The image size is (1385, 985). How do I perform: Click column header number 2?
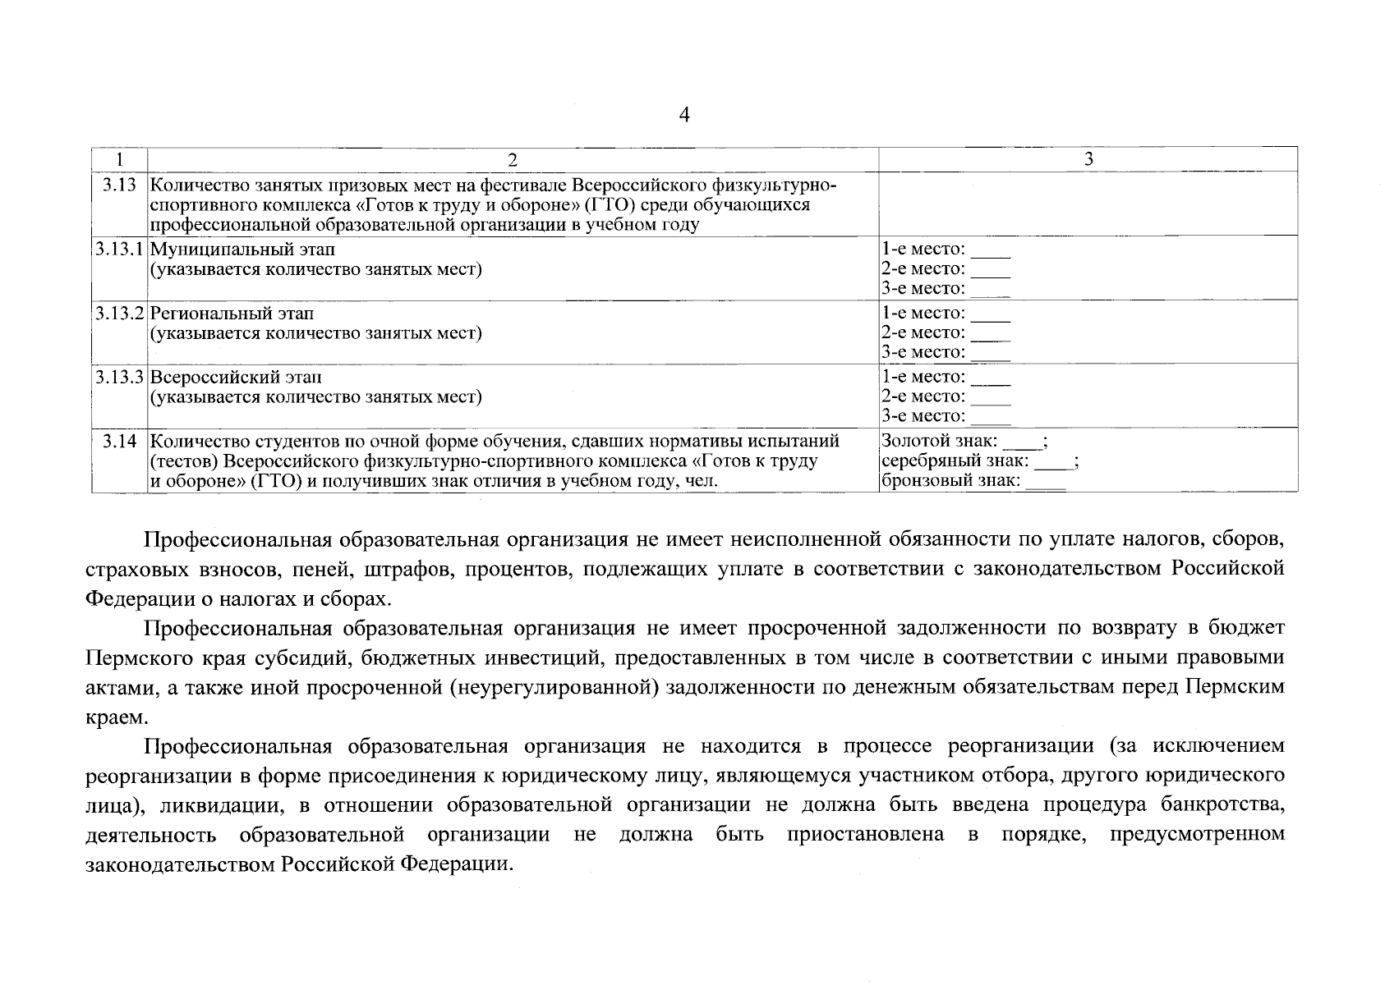point(513,158)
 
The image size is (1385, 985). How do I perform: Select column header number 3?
point(1088,158)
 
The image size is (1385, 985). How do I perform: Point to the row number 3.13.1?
point(119,249)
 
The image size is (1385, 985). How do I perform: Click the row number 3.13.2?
point(119,313)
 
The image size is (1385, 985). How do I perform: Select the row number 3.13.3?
point(119,377)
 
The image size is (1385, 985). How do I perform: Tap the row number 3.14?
point(119,441)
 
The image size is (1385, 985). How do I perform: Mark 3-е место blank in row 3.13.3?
point(991,419)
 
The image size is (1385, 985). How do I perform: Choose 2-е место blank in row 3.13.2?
point(991,336)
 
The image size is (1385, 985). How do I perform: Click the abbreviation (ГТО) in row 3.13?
point(611,204)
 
